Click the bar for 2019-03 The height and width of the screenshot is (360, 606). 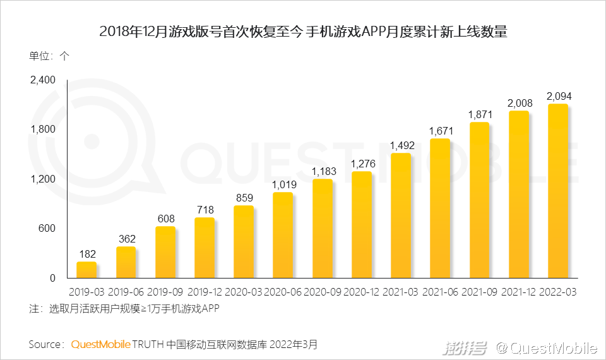pyautogui.click(x=86, y=270)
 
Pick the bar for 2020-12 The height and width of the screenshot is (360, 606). pyautogui.click(x=361, y=224)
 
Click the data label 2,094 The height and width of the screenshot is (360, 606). pyautogui.click(x=559, y=96)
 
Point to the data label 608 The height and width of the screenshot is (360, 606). pyautogui.click(x=165, y=219)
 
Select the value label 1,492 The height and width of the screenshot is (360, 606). pyautogui.click(x=401, y=145)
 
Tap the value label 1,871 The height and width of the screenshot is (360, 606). pyautogui.click(x=480, y=114)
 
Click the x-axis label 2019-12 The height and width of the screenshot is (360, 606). pyautogui.click(x=205, y=292)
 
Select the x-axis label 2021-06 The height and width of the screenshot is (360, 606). pyautogui.click(x=441, y=292)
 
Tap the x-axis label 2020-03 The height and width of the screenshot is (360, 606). pyautogui.click(x=244, y=292)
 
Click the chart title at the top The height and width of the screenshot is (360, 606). pyautogui.click(x=303, y=32)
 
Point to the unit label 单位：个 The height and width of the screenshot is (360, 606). pyautogui.click(x=49, y=55)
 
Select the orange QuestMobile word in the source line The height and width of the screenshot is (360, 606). pyautogui.click(x=100, y=345)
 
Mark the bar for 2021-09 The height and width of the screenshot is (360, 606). pyautogui.click(x=480, y=200)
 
